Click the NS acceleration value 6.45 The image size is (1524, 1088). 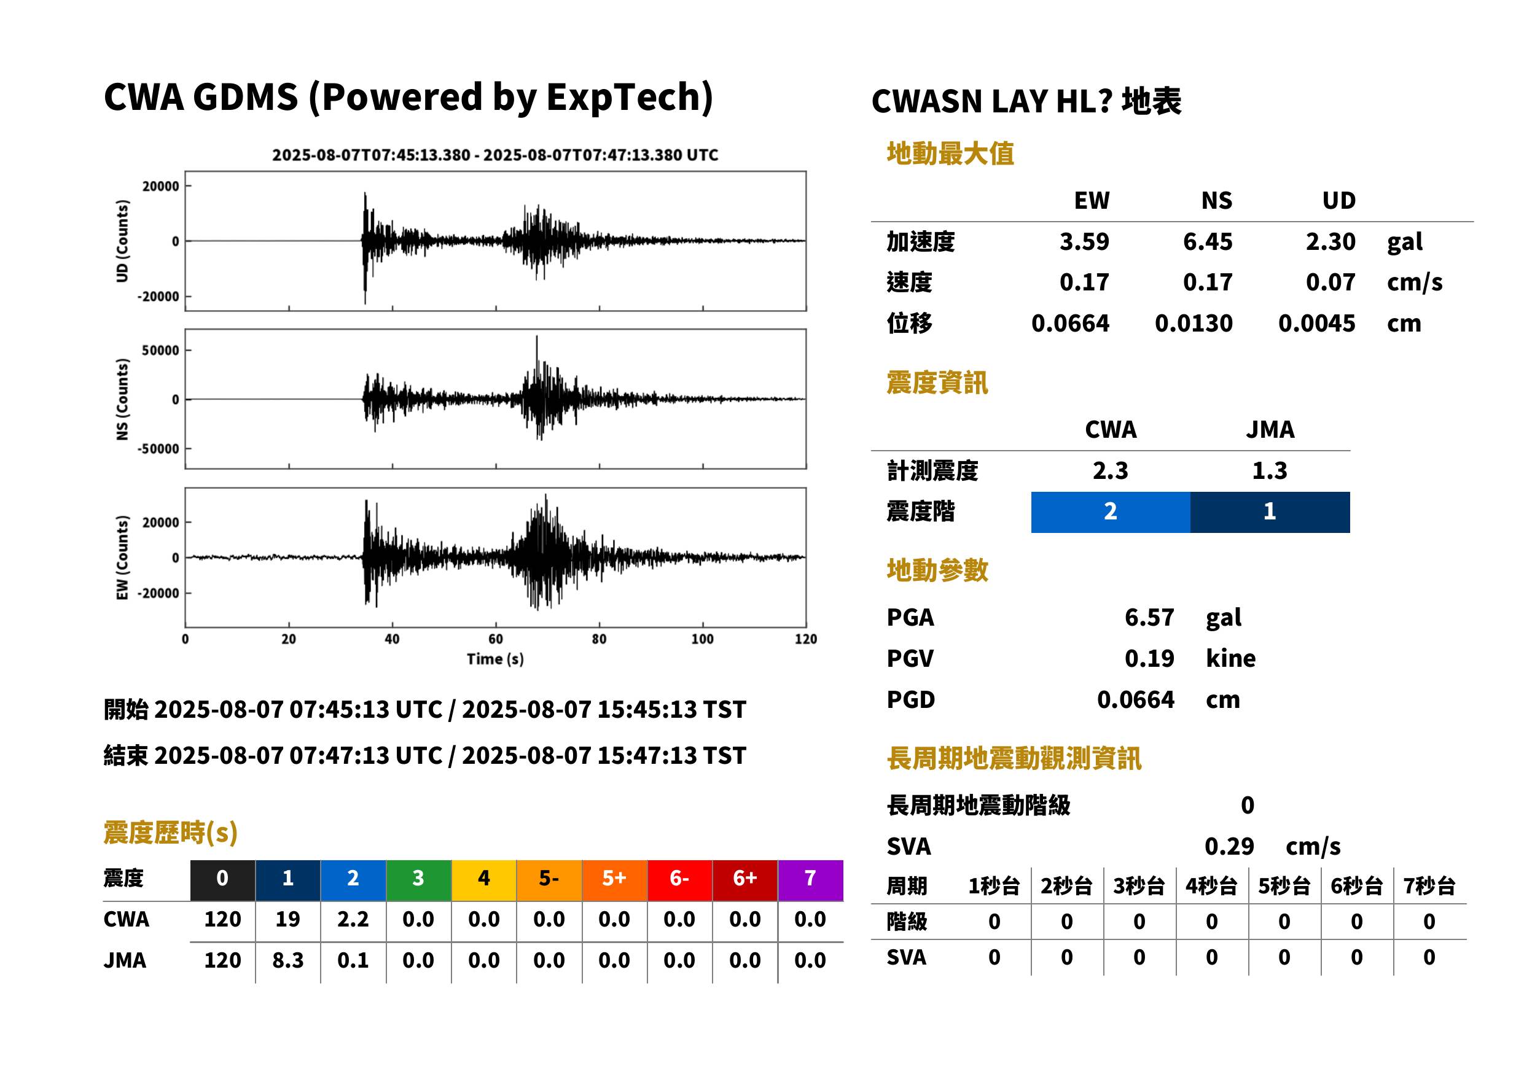(x=1207, y=241)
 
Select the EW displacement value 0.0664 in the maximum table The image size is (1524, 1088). (x=1069, y=323)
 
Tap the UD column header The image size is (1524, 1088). (x=1338, y=200)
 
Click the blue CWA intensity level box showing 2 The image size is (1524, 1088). (x=1111, y=512)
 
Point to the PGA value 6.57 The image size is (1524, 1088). (x=1149, y=617)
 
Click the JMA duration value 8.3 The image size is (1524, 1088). (x=287, y=960)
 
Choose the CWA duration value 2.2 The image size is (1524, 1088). (x=353, y=919)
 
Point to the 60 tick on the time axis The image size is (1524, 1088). (x=495, y=639)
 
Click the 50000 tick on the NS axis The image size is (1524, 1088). (x=160, y=351)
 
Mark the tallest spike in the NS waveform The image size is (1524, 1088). (x=536, y=336)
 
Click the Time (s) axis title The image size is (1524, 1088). (x=495, y=659)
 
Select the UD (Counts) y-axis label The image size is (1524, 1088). (x=122, y=241)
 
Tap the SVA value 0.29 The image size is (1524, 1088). (x=1229, y=846)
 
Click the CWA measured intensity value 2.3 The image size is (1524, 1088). (x=1111, y=470)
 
